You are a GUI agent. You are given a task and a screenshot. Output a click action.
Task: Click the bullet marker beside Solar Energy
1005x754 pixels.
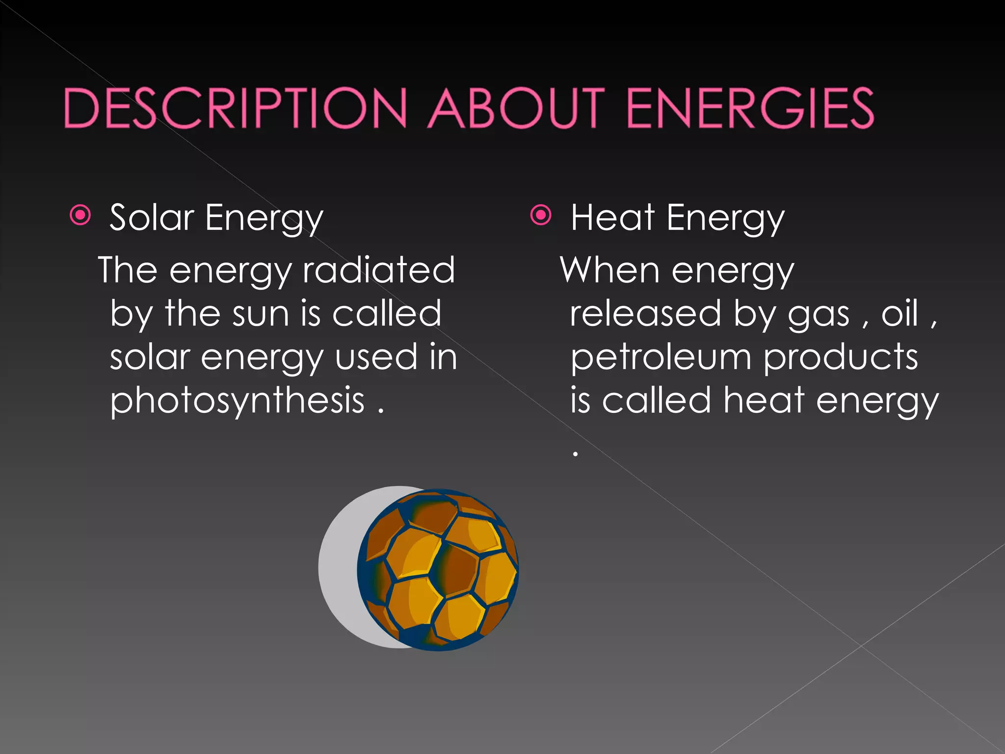coord(80,215)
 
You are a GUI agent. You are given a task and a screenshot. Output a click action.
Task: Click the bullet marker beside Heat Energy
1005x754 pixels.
coord(541,215)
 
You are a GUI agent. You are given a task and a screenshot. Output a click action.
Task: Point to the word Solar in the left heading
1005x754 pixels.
coord(152,217)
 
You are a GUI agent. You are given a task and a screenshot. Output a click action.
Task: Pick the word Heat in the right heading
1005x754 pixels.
coord(613,217)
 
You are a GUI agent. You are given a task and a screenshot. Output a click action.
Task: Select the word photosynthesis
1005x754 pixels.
coord(238,400)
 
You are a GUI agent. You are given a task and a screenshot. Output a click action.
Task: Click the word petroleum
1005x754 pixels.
coord(661,357)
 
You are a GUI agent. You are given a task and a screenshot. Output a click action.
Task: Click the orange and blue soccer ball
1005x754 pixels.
coord(438,569)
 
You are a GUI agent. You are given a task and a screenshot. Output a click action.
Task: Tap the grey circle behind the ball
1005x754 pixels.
coord(339,567)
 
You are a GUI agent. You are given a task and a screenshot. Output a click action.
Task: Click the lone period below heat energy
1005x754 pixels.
coord(575,454)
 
